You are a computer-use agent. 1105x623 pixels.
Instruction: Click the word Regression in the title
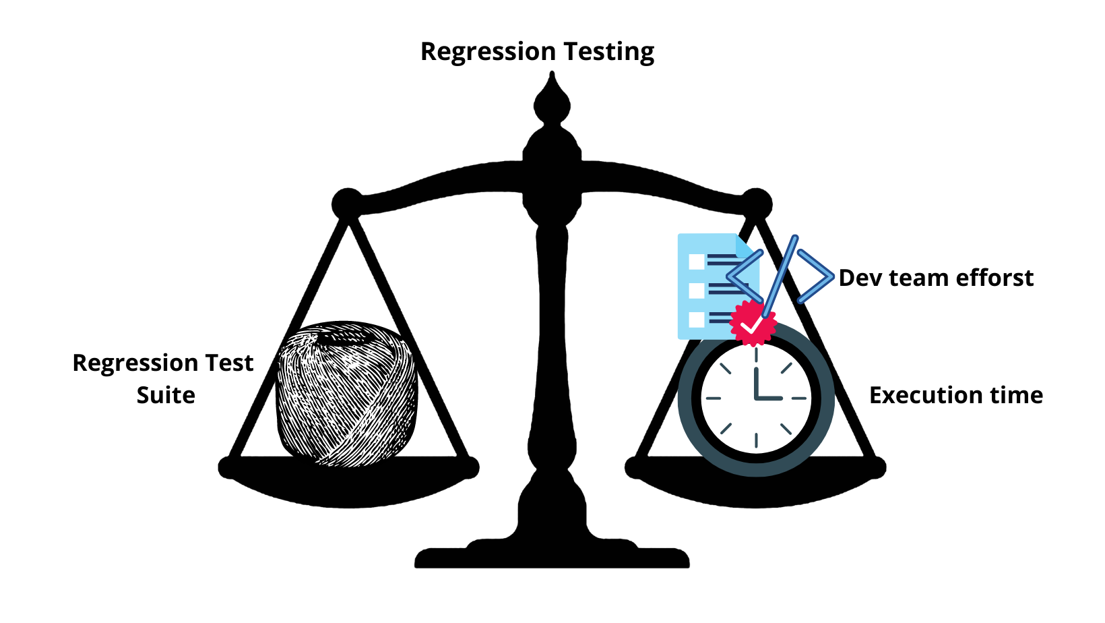click(487, 52)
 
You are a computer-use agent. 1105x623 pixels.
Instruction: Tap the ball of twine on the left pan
click(346, 394)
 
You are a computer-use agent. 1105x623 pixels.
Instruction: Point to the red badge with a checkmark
click(753, 323)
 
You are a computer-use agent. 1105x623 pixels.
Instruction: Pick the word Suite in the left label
click(166, 395)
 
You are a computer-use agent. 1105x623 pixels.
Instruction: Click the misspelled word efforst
click(995, 278)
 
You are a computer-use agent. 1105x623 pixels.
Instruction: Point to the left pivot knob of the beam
click(347, 203)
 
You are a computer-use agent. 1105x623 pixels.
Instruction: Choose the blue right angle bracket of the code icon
click(816, 276)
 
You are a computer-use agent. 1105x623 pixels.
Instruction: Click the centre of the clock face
click(756, 398)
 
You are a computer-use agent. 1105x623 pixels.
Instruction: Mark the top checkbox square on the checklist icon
click(697, 261)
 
